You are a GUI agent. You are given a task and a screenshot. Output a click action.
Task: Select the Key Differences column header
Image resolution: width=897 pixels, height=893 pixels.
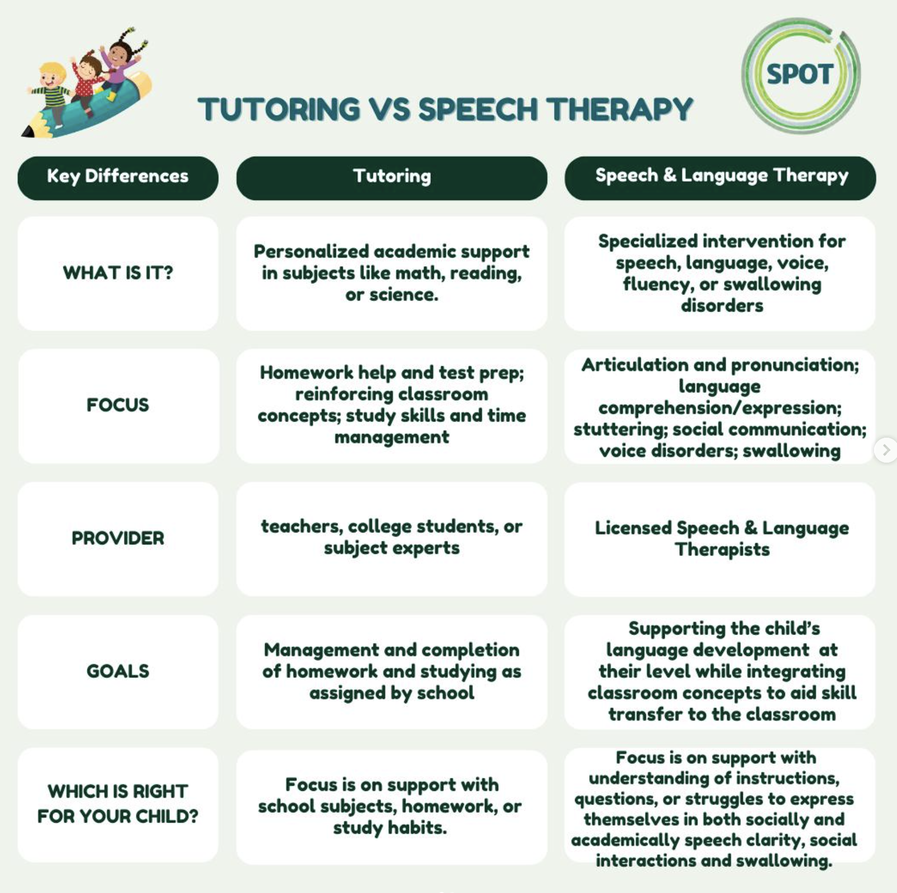pos(118,178)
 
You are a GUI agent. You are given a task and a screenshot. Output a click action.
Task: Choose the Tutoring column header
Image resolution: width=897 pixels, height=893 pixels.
pos(392,178)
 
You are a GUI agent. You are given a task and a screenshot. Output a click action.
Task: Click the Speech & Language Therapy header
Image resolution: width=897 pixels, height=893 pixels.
pos(720,178)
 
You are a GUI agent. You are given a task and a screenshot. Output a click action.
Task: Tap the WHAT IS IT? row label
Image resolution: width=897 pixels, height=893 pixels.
pos(118,273)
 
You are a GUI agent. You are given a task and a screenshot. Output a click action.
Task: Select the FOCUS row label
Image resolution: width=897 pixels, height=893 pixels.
pos(118,405)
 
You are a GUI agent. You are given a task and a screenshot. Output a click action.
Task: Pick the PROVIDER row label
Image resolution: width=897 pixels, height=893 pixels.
pos(118,538)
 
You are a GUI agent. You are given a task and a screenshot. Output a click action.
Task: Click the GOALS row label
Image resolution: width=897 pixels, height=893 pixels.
pos(118,671)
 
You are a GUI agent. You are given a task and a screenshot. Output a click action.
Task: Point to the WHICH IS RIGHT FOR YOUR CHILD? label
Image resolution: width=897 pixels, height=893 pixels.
pos(118,804)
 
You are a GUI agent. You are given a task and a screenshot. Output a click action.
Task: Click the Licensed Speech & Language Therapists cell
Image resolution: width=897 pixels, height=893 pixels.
pos(720,539)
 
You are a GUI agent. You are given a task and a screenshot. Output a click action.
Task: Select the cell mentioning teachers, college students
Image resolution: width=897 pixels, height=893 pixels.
pos(392,538)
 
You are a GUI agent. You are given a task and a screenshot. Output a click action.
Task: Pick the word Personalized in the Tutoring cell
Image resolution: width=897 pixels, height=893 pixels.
pos(311,252)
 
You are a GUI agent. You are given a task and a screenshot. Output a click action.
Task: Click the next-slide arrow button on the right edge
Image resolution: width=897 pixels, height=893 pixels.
pos(886,450)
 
